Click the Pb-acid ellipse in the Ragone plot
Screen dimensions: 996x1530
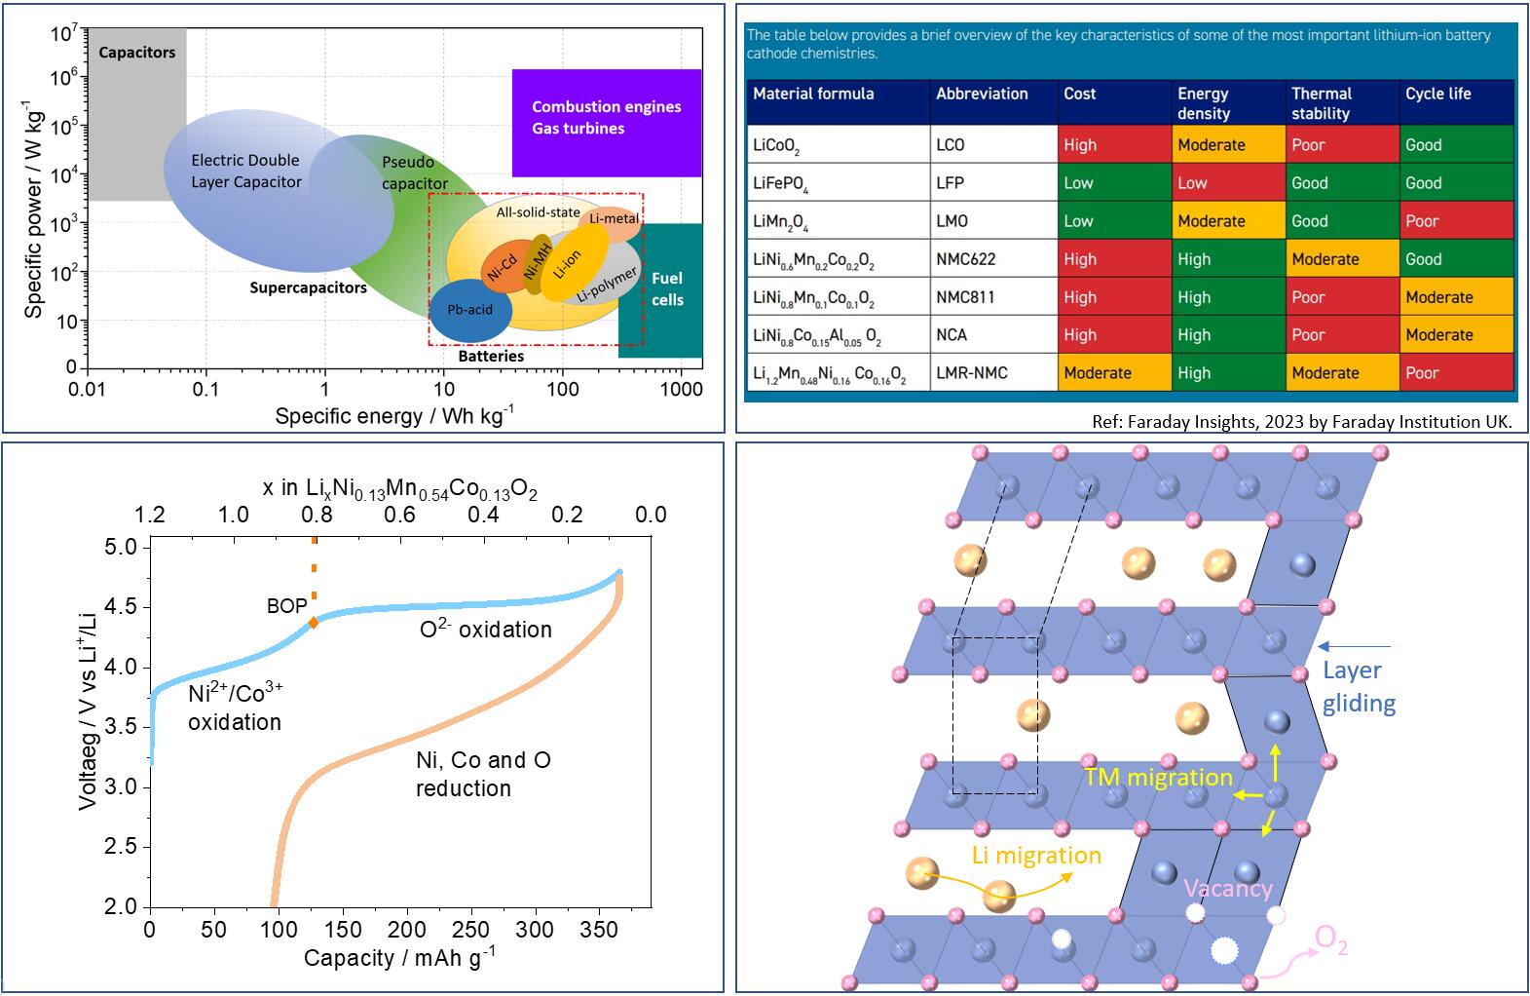tap(469, 310)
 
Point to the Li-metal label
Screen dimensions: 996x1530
tap(615, 218)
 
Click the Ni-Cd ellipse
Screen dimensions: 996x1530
tap(502, 269)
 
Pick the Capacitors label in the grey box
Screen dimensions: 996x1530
tap(137, 53)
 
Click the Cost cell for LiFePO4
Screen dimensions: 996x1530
tap(1114, 183)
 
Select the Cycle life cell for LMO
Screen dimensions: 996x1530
tap(1456, 221)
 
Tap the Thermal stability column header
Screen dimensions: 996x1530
tap(1341, 103)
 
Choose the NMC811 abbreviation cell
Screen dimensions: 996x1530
tap(993, 297)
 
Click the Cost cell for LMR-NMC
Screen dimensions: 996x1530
tap(1114, 373)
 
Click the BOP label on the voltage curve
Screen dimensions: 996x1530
tap(286, 606)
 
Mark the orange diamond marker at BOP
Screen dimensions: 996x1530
tap(314, 622)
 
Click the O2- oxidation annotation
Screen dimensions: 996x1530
tap(486, 630)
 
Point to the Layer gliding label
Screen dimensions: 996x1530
tap(1359, 686)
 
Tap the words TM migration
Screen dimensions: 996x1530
tap(1158, 778)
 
